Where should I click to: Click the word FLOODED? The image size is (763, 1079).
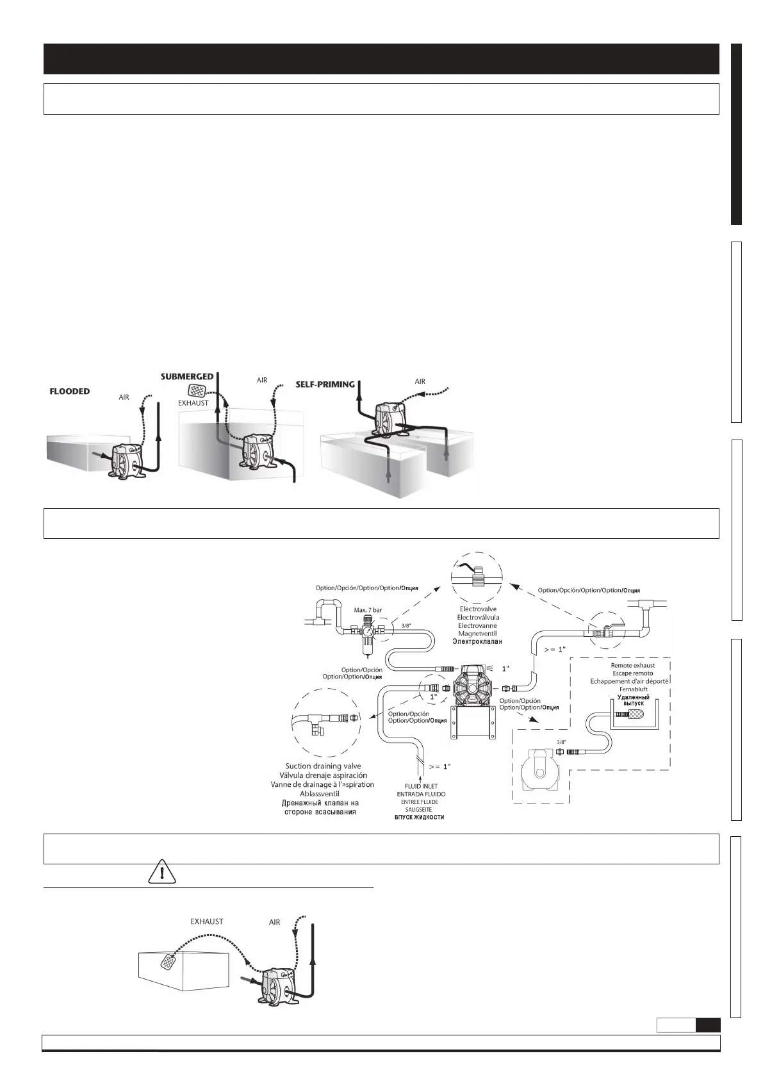coord(70,391)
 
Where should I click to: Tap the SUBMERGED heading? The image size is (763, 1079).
coord(186,377)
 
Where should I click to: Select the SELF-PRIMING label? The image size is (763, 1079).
coord(325,384)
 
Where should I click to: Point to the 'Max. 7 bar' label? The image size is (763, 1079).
coord(368,610)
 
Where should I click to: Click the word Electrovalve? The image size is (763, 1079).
coord(478,609)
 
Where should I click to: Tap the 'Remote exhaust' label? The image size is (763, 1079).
coord(632,665)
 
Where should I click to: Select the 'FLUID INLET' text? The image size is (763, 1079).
coord(421,786)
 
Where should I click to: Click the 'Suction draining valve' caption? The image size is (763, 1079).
coord(324,766)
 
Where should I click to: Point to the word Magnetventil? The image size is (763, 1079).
coord(477,634)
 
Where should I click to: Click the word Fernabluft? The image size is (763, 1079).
coord(633,689)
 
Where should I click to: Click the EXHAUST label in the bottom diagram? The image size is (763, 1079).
coord(207,921)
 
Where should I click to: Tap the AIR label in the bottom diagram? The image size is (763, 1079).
coord(275,922)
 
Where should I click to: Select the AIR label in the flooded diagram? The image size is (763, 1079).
coord(124,397)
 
